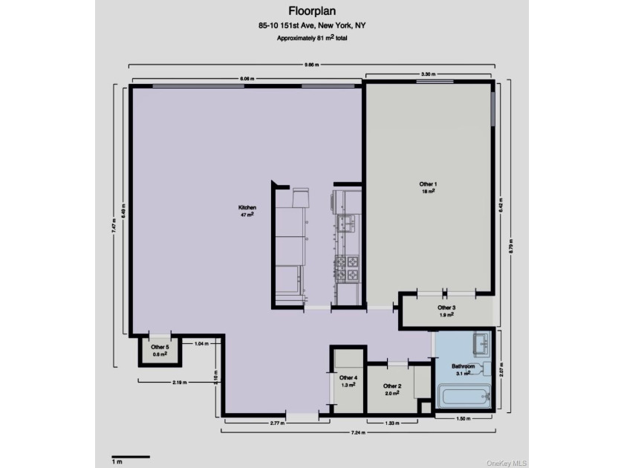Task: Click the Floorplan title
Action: point(311,12)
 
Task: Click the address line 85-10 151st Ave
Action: point(311,25)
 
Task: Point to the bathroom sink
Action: point(480,344)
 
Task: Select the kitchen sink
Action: point(346,222)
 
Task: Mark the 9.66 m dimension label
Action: point(312,65)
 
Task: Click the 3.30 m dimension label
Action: point(428,75)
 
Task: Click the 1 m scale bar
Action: point(130,457)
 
